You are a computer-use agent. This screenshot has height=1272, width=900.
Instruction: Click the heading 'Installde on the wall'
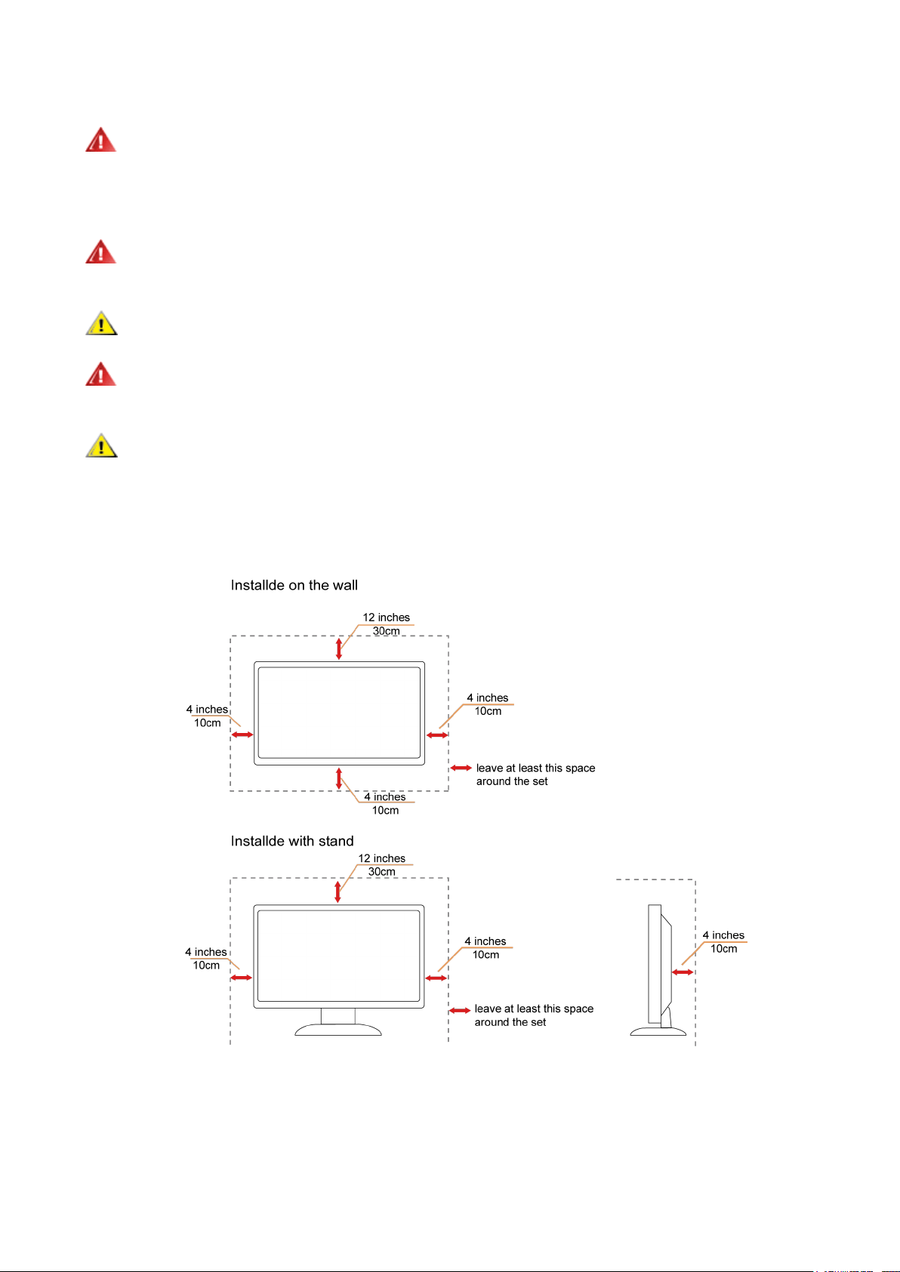tap(294, 585)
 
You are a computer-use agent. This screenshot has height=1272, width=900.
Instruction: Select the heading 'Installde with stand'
tap(292, 841)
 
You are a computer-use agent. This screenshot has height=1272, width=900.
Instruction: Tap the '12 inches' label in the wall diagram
tap(386, 618)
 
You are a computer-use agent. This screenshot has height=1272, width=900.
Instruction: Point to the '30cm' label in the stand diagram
tap(381, 872)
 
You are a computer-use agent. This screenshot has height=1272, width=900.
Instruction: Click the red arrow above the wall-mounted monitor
tap(339, 648)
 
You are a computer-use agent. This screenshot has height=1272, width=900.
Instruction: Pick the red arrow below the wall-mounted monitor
tap(339, 778)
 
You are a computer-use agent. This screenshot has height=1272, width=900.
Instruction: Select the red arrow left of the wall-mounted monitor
tap(242, 735)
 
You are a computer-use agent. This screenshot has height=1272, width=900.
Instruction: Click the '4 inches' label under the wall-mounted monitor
tap(384, 797)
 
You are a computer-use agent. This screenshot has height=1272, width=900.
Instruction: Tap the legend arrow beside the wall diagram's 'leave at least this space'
tap(461, 768)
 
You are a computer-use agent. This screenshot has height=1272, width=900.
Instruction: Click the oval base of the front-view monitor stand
tap(338, 1030)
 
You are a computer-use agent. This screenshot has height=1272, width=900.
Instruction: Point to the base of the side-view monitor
tap(658, 1030)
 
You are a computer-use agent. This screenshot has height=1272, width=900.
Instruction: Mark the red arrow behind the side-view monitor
tap(683, 972)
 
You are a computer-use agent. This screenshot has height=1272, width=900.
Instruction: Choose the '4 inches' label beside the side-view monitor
tap(723, 935)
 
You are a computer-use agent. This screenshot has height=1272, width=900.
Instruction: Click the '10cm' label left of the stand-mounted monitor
tap(206, 966)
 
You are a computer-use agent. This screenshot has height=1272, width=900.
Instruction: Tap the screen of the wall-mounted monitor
tap(339, 713)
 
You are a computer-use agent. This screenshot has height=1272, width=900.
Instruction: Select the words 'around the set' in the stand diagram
tap(510, 1022)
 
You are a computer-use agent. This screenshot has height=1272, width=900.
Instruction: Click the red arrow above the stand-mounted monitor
tap(337, 891)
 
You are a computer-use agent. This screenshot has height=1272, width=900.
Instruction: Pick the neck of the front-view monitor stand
tap(338, 1016)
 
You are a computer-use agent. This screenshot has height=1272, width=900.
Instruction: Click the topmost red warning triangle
tap(100, 140)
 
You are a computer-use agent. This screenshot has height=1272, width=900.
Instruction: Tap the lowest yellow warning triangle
tap(101, 446)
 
